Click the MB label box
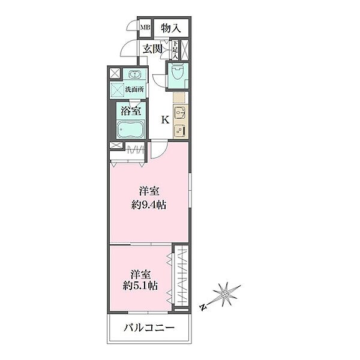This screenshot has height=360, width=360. click(145, 27)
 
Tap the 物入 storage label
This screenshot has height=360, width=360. click(172, 27)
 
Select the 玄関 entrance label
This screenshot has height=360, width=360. click(152, 49)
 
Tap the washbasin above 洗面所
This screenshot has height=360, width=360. click(133, 75)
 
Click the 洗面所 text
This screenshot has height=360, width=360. click(133, 90)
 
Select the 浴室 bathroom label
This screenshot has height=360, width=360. click(131, 110)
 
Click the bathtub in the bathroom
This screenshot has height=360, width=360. click(131, 130)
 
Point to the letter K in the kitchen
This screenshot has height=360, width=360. click(164, 119)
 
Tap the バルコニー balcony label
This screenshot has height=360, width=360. click(149, 328)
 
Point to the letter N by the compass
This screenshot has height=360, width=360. click(204, 308)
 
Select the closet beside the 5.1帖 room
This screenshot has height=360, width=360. click(181, 277)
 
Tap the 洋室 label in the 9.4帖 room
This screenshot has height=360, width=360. click(149, 191)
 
